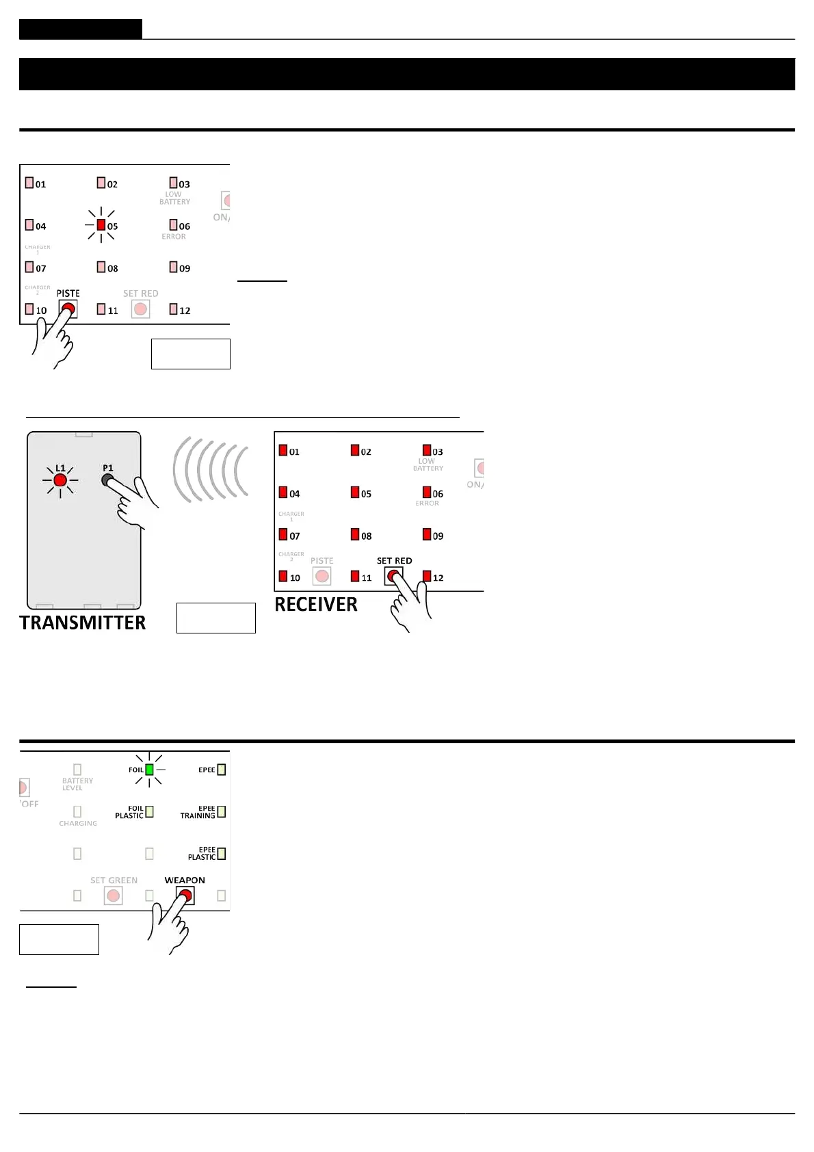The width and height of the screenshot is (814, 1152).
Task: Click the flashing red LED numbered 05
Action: click(101, 225)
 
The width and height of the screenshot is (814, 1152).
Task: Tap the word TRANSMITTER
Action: click(83, 623)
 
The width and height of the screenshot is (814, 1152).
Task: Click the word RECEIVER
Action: click(316, 605)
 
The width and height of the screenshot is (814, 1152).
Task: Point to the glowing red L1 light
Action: click(60, 480)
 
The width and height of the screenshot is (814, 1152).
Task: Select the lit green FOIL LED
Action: click(149, 770)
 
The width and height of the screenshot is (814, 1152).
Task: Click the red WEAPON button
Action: click(185, 895)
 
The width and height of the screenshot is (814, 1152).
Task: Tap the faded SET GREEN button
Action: click(114, 895)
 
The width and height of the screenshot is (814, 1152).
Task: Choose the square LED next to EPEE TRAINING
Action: click(221, 812)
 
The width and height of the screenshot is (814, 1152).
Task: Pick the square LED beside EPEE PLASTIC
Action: click(221, 854)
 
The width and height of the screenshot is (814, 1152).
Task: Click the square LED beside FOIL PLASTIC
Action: click(149, 812)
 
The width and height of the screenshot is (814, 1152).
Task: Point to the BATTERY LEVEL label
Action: click(77, 784)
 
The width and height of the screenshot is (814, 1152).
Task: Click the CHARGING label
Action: click(78, 824)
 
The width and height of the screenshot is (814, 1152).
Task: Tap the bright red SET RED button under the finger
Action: click(393, 576)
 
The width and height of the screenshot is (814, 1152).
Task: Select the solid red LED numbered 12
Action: click(427, 576)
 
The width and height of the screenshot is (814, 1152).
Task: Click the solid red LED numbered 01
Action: click(283, 450)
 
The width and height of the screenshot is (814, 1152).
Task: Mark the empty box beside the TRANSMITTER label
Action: click(215, 618)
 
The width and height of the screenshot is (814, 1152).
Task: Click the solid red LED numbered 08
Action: click(355, 534)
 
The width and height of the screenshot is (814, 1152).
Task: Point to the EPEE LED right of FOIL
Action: click(221, 770)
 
